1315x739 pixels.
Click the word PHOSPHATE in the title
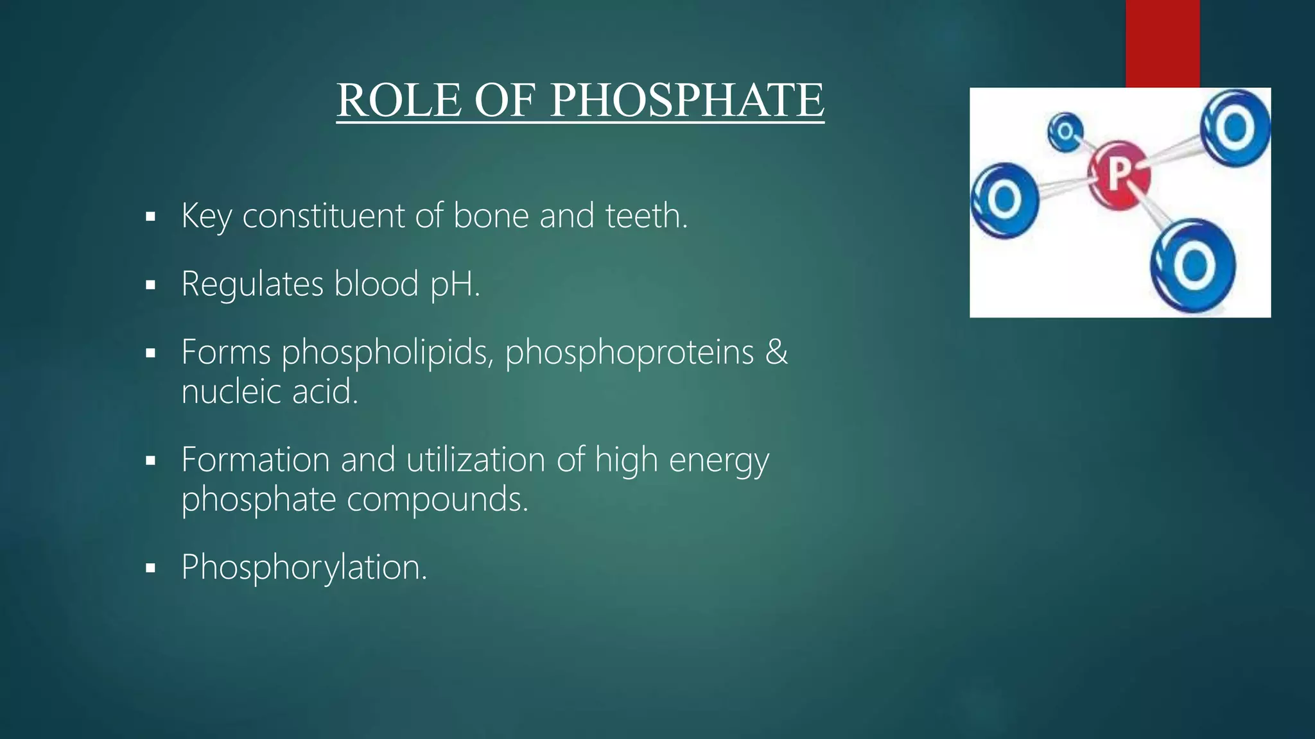point(687,101)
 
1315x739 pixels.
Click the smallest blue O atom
point(1065,132)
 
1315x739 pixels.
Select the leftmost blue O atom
point(1004,200)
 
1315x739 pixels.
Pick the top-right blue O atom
point(1235,128)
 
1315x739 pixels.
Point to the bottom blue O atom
point(1193,265)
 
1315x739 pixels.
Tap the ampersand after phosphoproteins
point(776,352)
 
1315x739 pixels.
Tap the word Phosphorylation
point(304,568)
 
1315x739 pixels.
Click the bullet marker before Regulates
point(151,285)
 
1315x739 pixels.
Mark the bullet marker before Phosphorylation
point(151,568)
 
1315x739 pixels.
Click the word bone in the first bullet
point(491,216)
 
